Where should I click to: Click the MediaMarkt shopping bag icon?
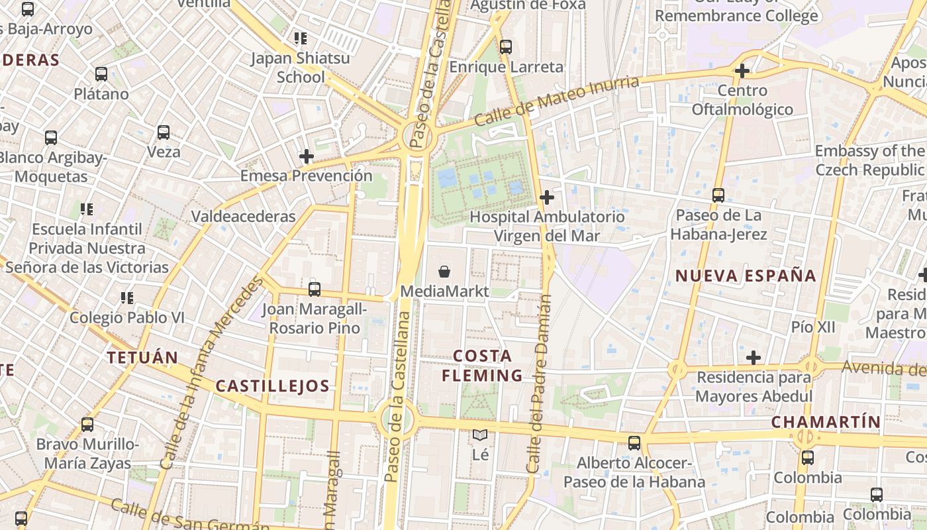pyautogui.click(x=444, y=271)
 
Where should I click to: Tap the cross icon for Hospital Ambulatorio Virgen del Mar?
pyautogui.click(x=547, y=197)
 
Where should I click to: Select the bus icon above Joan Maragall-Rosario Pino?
pyautogui.click(x=315, y=289)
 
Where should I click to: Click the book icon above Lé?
pyautogui.click(x=480, y=435)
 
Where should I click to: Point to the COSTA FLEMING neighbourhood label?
pyautogui.click(x=483, y=366)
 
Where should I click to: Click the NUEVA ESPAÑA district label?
pyautogui.click(x=746, y=276)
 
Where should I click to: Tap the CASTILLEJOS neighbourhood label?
pyautogui.click(x=273, y=386)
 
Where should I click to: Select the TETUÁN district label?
pyautogui.click(x=142, y=358)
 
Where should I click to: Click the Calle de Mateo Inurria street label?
pyautogui.click(x=557, y=101)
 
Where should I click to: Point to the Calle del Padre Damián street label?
pyautogui.click(x=540, y=384)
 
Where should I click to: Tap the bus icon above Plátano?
pyautogui.click(x=101, y=74)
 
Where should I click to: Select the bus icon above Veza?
pyautogui.click(x=164, y=132)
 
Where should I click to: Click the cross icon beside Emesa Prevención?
pyautogui.click(x=307, y=156)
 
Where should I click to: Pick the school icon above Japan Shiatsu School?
pyautogui.click(x=301, y=38)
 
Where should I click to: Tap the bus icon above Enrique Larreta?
pyautogui.click(x=506, y=46)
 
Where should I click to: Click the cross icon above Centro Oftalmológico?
pyautogui.click(x=742, y=70)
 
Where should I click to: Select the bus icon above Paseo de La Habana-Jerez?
pyautogui.click(x=718, y=195)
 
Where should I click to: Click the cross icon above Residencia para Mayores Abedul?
pyautogui.click(x=754, y=358)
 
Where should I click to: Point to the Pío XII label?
pyautogui.click(x=813, y=327)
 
